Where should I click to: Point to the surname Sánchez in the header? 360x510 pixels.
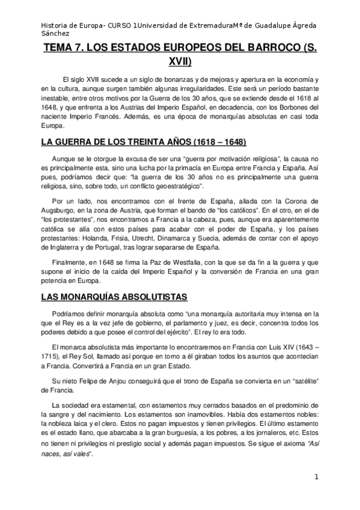(x=55, y=34)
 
